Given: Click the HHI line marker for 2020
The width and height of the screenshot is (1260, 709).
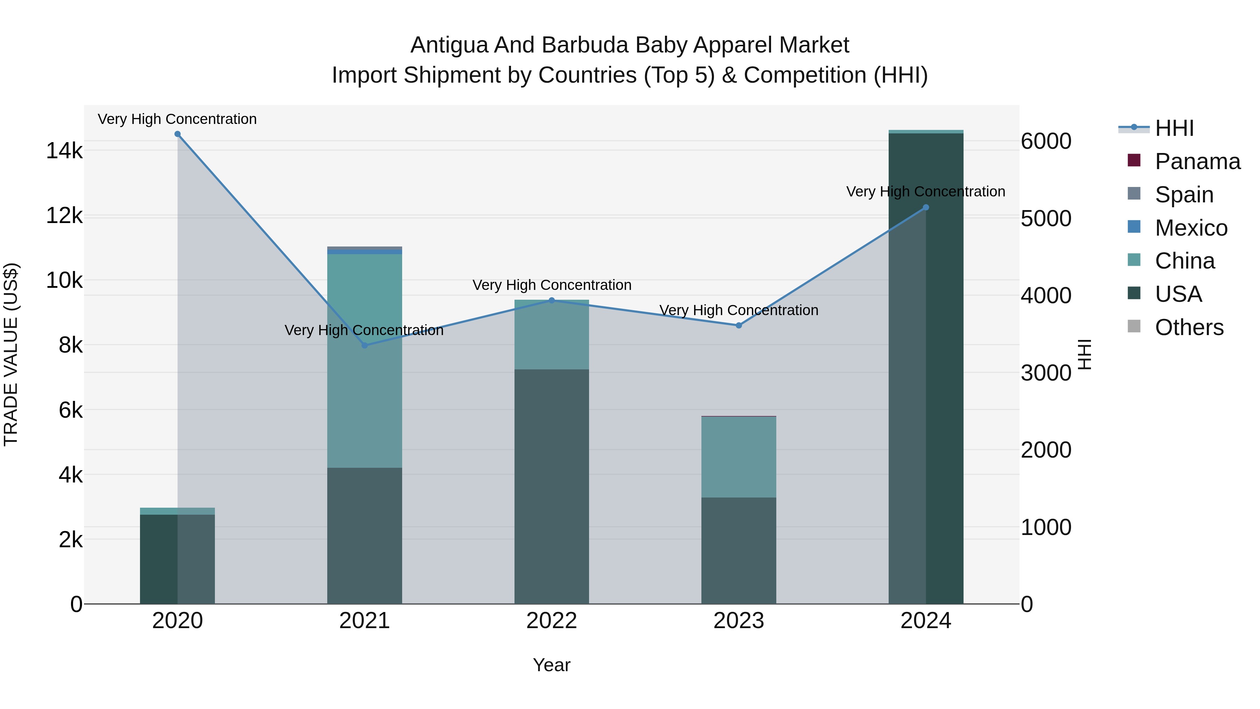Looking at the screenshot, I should click(x=177, y=134).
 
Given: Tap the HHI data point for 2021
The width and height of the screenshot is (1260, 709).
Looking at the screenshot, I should click(x=364, y=346).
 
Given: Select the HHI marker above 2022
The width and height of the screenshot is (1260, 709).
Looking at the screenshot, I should click(x=552, y=300).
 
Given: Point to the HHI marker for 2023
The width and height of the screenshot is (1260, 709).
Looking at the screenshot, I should click(x=738, y=325).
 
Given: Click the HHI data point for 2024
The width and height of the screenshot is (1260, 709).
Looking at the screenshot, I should click(x=925, y=208).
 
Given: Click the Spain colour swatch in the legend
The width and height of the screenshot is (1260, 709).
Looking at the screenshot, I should click(x=1134, y=194).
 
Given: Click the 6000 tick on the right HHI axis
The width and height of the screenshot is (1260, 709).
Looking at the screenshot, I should click(x=1046, y=141).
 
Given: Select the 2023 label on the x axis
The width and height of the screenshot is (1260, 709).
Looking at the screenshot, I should click(x=738, y=621).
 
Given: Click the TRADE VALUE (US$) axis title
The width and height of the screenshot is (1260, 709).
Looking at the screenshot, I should click(x=11, y=354).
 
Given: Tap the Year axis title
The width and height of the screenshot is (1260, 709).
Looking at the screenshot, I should click(x=552, y=665).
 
